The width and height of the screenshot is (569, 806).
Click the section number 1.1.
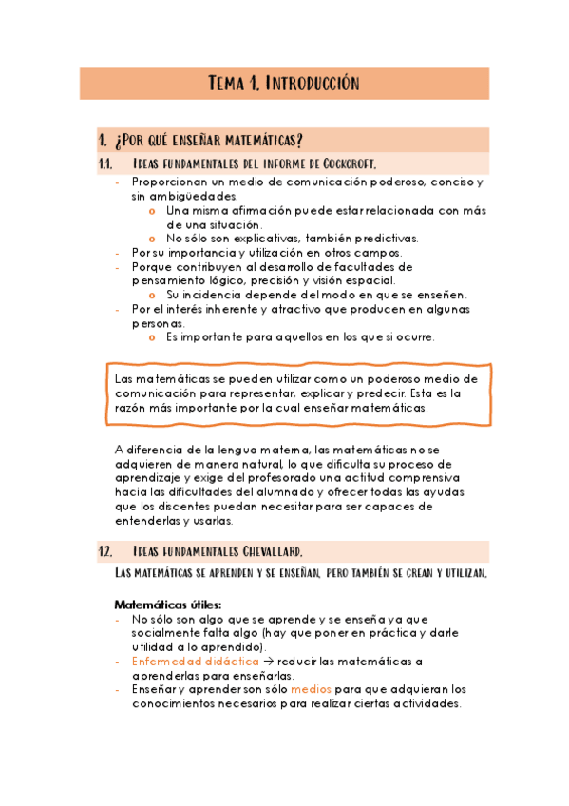click(105, 163)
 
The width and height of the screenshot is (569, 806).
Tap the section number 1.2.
click(105, 552)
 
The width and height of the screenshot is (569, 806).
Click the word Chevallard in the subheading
click(269, 552)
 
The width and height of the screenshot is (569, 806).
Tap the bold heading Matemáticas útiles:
click(167, 604)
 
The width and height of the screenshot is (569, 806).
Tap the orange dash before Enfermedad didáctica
click(117, 661)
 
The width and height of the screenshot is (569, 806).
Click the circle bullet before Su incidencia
click(153, 295)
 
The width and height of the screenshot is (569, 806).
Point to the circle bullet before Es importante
click(153, 337)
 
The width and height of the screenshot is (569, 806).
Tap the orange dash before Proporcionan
click(117, 182)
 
